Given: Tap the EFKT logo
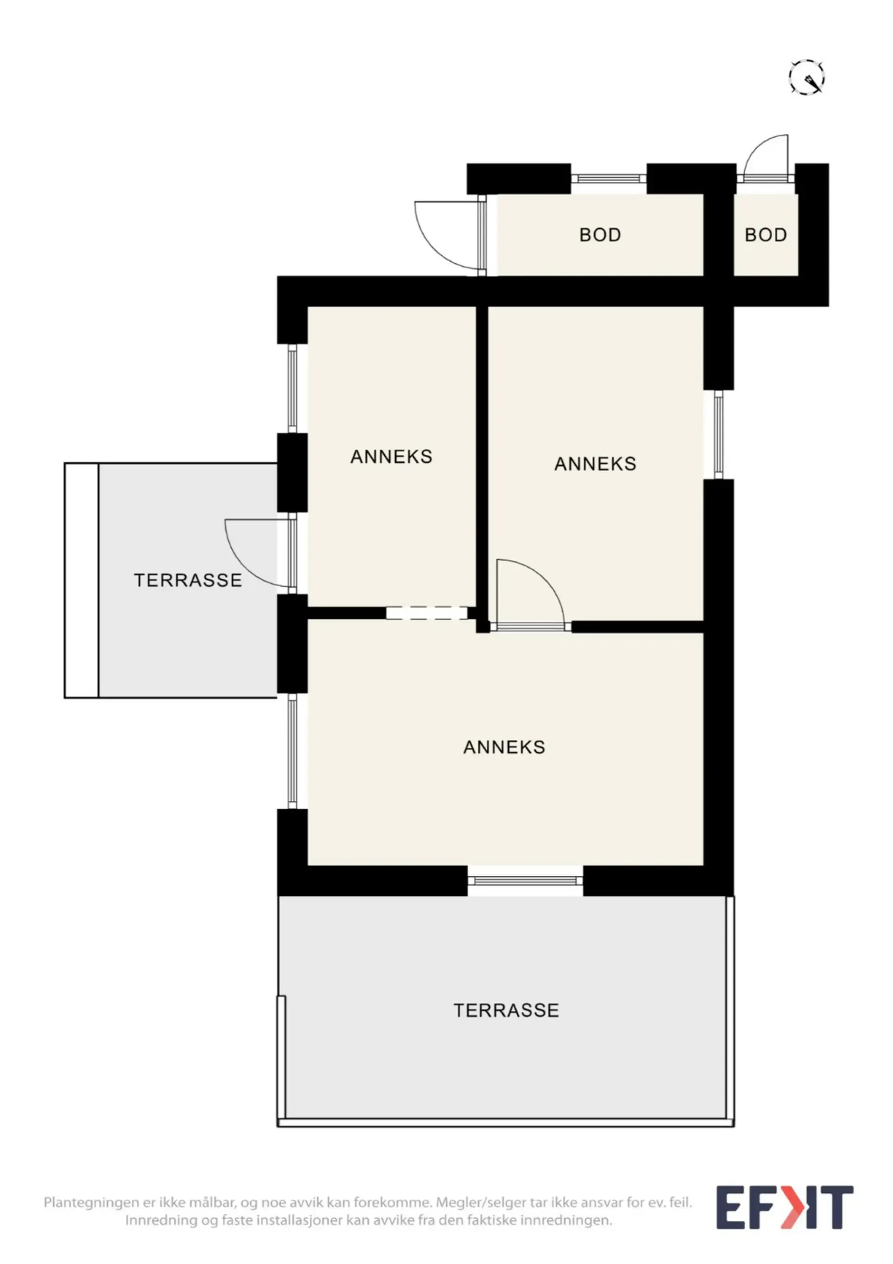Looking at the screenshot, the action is (785, 1207).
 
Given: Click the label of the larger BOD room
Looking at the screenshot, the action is (600, 235).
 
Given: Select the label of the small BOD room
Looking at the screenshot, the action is (765, 235).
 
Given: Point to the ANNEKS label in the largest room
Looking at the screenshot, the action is (504, 747).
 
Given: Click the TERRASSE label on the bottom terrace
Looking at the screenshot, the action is (506, 1010).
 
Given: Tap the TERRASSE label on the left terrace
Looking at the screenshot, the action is (188, 580).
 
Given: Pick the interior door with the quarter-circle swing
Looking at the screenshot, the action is (530, 594).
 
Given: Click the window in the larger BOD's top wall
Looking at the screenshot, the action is (608, 178).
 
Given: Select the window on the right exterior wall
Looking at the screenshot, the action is (719, 434).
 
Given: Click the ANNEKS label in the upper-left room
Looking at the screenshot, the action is (391, 456).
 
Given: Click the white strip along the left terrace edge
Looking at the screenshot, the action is (81, 580).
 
